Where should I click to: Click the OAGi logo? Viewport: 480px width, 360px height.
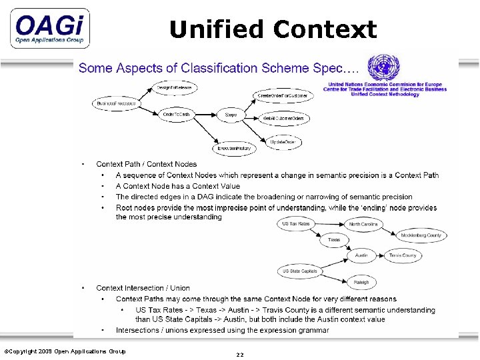pos(50,28)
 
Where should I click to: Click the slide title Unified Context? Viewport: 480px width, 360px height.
pos(273,29)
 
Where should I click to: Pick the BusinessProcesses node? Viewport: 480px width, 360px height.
pos(116,103)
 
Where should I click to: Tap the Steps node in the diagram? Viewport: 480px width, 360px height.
pos(231,115)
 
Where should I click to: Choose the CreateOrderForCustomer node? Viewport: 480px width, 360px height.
pos(283,96)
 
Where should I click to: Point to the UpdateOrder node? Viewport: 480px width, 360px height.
pos(283,141)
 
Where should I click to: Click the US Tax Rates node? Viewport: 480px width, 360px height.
pos(295,224)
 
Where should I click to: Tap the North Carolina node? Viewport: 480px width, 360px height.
pos(364,224)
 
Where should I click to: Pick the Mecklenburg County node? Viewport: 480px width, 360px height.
pos(421,235)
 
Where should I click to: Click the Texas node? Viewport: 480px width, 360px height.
pos(334,239)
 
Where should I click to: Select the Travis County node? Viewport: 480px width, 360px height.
pos(403,255)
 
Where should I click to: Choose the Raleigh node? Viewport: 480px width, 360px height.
pos(361,283)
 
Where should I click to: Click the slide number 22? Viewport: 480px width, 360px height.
pos(239,355)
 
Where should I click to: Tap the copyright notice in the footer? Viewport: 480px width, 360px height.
pos(65,351)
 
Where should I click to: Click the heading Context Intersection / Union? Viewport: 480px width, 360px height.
pos(143,288)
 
